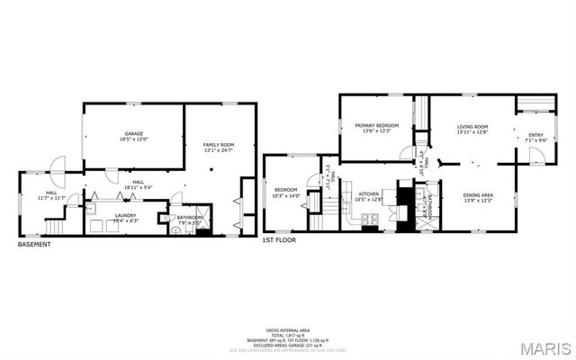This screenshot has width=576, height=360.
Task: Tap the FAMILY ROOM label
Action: pyautogui.click(x=219, y=145)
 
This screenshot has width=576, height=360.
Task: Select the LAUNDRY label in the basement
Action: pyautogui.click(x=112, y=215)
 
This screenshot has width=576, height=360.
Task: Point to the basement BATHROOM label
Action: pyautogui.click(x=190, y=216)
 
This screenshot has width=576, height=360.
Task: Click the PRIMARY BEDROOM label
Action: pyautogui.click(x=376, y=125)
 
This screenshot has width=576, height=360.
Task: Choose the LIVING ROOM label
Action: pyautogui.click(x=472, y=126)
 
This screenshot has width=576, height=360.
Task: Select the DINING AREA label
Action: pyautogui.click(x=478, y=194)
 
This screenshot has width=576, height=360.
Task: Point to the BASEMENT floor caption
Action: pyautogui.click(x=34, y=244)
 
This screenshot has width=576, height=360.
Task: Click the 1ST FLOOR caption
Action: pyautogui.click(x=279, y=240)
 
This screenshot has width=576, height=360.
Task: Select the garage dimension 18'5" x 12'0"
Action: pyautogui.click(x=133, y=139)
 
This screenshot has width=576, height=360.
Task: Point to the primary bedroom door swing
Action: pyautogui.click(x=408, y=152)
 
